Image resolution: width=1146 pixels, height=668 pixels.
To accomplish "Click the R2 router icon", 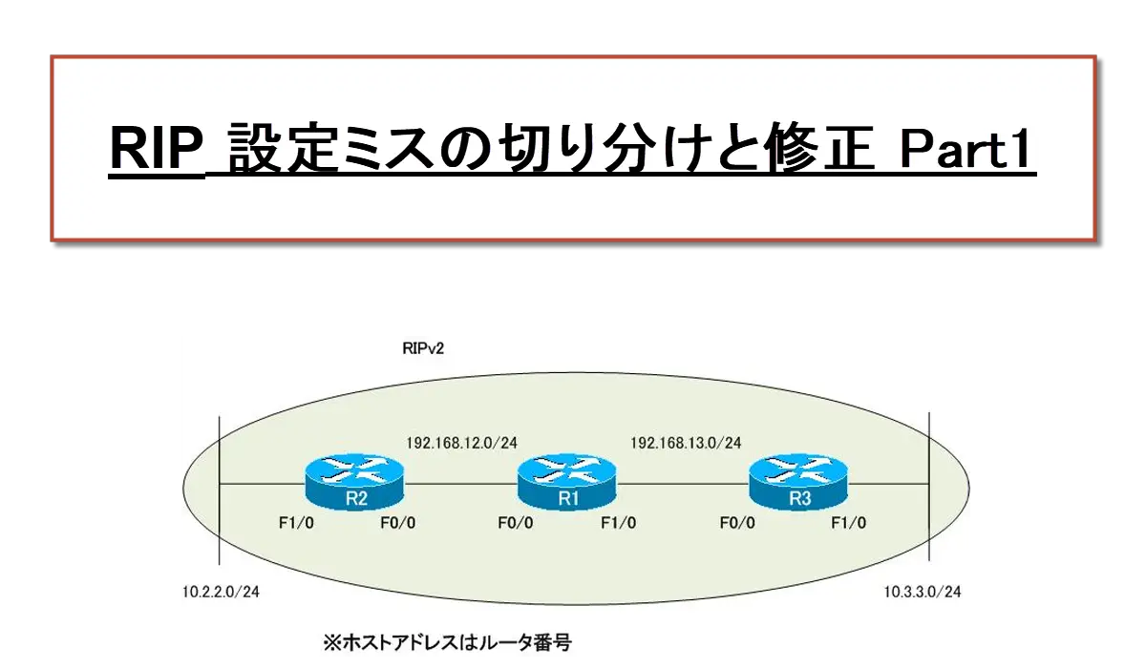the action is click(x=354, y=482).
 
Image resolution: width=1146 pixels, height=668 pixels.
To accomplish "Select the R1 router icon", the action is click(x=567, y=482).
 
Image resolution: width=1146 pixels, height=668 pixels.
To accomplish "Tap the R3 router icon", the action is click(x=798, y=482).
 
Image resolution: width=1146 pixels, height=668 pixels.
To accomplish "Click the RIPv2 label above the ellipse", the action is click(x=423, y=348).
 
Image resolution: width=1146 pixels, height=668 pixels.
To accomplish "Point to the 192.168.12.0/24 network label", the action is click(x=461, y=443).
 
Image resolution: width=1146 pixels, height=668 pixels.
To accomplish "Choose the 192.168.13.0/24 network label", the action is click(x=686, y=443).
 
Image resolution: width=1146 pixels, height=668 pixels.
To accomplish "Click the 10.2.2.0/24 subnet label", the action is click(x=221, y=592).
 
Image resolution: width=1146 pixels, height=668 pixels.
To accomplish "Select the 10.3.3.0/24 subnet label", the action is click(x=923, y=592).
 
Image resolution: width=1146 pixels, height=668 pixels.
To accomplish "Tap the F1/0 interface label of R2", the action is click(x=296, y=523).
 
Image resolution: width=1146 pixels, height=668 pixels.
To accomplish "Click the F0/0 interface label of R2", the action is click(x=398, y=523).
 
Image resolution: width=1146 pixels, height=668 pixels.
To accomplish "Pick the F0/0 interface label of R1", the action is click(x=516, y=523).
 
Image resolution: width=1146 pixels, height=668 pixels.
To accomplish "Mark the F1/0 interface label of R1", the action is click(x=619, y=523).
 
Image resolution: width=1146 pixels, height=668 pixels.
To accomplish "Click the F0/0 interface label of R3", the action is click(x=737, y=523).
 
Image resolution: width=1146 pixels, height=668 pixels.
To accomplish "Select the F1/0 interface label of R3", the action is click(x=849, y=523).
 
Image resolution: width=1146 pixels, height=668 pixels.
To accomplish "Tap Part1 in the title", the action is click(x=965, y=149).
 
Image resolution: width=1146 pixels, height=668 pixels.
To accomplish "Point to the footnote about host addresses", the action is click(x=447, y=642).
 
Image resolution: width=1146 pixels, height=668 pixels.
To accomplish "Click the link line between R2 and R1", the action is click(x=460, y=484).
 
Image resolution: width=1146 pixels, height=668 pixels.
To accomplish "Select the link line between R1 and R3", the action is click(x=683, y=484).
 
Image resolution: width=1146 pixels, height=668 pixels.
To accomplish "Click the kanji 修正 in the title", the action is click(x=817, y=148).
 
